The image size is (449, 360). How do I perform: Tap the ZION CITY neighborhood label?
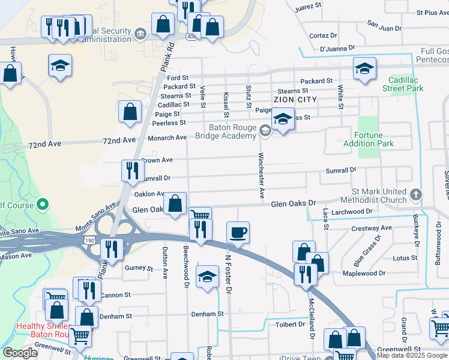click(x=295, y=99)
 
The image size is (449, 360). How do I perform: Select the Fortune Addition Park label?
click(x=369, y=139)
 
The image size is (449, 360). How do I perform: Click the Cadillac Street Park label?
click(x=403, y=84)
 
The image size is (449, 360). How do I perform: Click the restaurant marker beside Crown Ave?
click(x=131, y=171)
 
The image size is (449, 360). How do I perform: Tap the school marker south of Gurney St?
click(x=207, y=277)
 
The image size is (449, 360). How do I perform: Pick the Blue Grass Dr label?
click(x=367, y=252)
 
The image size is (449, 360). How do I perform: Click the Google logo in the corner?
click(x=20, y=353)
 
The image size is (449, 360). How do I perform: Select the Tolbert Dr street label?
click(x=291, y=324)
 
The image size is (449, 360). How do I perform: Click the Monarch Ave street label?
click(x=167, y=138)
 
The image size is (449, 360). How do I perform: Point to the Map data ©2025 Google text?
click(x=412, y=355)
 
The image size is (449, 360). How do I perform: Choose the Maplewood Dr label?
click(x=360, y=274)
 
